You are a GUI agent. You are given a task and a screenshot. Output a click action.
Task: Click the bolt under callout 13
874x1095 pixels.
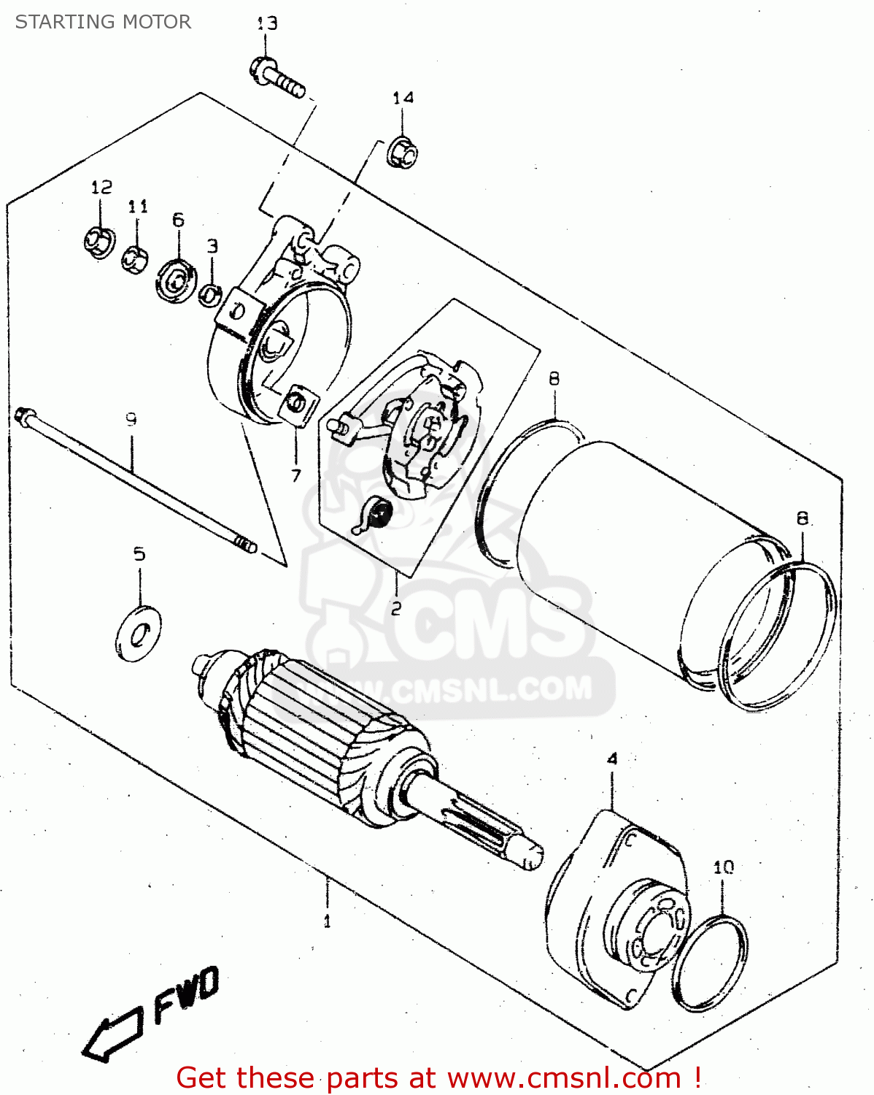(x=278, y=77)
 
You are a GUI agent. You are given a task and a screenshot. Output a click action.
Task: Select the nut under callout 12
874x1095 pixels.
(x=98, y=242)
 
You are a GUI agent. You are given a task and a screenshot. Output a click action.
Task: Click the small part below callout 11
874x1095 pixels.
(x=134, y=259)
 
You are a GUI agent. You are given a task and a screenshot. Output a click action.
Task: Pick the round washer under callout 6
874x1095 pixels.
(x=176, y=278)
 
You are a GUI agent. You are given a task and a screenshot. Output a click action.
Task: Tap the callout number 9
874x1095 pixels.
(x=131, y=419)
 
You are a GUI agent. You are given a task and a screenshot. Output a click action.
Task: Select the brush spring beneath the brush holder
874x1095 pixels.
(x=376, y=514)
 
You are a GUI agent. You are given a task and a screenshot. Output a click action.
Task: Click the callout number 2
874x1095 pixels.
(x=396, y=608)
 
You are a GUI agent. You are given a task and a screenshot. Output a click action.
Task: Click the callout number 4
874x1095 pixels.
(x=611, y=758)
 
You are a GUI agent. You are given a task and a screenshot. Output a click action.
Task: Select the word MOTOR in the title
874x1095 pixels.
(x=156, y=22)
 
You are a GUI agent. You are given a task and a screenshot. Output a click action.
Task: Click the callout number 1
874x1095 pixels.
(x=327, y=921)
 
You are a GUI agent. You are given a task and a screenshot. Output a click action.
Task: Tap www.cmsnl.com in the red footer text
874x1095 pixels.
(x=564, y=1077)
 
